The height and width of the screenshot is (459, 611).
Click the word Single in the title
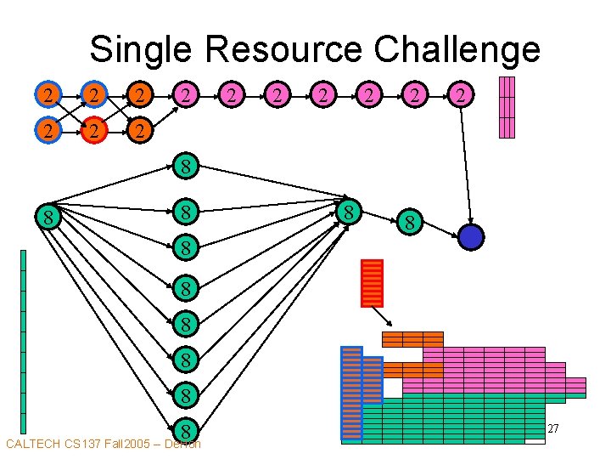(x=142, y=49)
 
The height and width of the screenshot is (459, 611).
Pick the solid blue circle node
(x=470, y=236)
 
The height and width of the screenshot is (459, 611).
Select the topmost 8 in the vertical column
(x=185, y=165)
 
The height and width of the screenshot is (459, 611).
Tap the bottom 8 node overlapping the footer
(x=185, y=430)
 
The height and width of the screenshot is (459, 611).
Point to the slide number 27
(x=552, y=429)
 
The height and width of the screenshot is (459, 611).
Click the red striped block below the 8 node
(x=372, y=282)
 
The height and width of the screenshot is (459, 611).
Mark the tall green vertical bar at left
(x=23, y=340)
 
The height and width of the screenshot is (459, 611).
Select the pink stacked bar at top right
(x=507, y=107)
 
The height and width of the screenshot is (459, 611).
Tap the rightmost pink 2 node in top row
(x=459, y=95)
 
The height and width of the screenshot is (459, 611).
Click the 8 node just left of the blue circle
(x=410, y=224)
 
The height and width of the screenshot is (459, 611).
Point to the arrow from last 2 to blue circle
(x=464, y=166)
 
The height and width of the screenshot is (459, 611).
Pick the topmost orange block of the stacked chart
(x=412, y=339)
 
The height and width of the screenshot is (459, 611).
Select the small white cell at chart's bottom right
(x=535, y=440)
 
